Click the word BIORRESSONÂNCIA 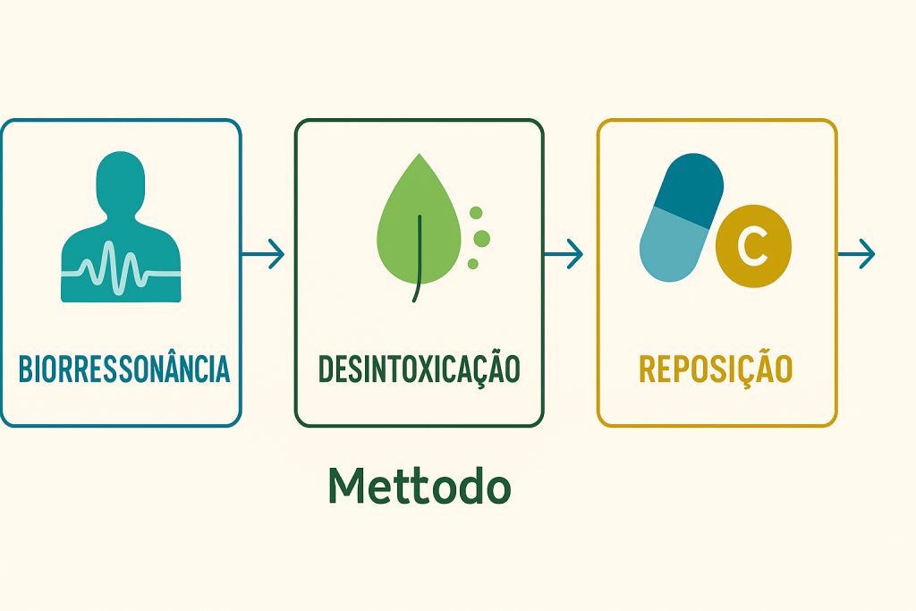point(123,369)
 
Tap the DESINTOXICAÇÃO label point(419,369)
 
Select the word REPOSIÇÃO point(716,369)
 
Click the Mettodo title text point(419,486)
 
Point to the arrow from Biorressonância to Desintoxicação point(264,255)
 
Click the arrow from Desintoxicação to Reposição point(564,255)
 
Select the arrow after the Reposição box point(856,255)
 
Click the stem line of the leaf point(417,259)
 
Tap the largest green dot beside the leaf point(481,238)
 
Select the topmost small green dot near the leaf point(476,213)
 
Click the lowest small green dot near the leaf point(473,263)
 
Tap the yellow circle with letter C point(753,249)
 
